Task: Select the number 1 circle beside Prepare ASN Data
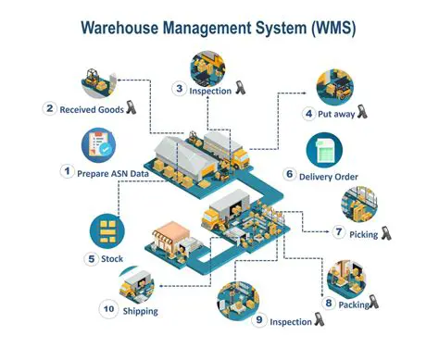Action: [x=67, y=170]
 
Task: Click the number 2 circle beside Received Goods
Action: [x=50, y=108]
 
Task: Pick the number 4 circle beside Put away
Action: [x=308, y=114]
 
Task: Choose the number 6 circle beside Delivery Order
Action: [x=290, y=173]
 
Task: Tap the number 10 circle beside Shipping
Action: [x=107, y=311]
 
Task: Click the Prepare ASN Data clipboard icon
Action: [x=101, y=144]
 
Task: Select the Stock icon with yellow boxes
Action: [x=108, y=229]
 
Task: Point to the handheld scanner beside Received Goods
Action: [x=131, y=107]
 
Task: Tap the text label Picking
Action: [x=363, y=234]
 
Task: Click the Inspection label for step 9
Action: [x=289, y=321]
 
